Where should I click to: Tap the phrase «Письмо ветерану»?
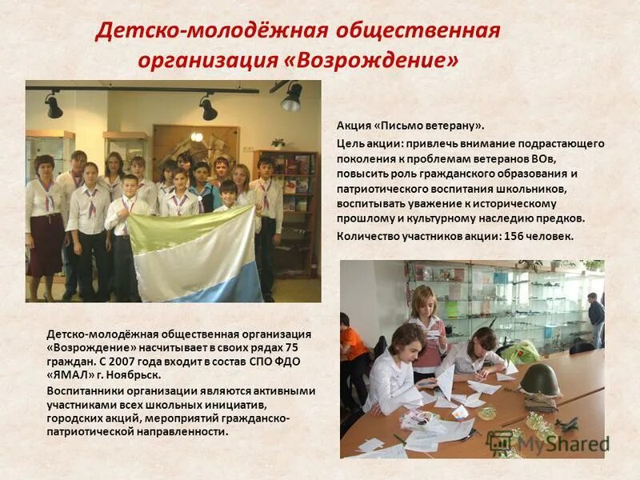click(x=430, y=126)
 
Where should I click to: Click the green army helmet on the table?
click(x=540, y=379)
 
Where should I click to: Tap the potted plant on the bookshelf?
click(x=278, y=142)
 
